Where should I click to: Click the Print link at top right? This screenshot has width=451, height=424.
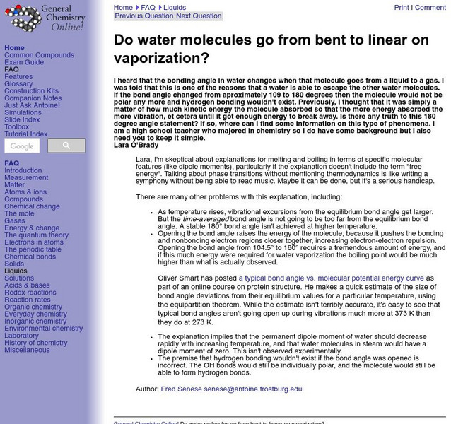[402, 8]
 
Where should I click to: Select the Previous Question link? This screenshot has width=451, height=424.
[143, 16]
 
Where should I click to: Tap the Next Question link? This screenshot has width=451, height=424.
[199, 16]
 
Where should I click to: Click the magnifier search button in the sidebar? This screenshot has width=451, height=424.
[66, 146]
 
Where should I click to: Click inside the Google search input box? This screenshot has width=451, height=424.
[21, 146]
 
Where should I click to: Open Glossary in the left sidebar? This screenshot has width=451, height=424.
[18, 84]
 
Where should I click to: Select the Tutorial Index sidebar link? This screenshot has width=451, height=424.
[26, 134]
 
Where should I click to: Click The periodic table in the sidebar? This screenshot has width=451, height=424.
[33, 249]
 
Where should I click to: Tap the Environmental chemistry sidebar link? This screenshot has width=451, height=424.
[43, 329]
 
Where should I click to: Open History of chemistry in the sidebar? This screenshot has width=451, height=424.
[36, 343]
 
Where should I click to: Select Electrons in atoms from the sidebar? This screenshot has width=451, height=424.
[33, 242]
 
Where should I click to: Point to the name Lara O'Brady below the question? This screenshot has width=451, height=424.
[136, 146]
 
